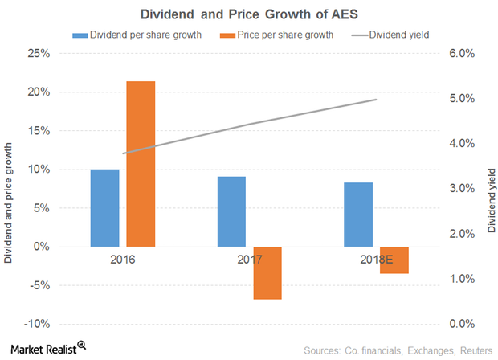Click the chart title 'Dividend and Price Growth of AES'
tap(249, 14)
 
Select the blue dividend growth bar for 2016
tap(104, 208)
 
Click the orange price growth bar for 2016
tap(141, 164)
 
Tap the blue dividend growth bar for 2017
tap(231, 211)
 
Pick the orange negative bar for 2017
tap(267, 273)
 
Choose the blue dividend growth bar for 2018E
tap(358, 215)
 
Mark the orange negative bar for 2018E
tap(394, 260)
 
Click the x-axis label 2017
tap(249, 261)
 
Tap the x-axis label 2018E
tap(376, 261)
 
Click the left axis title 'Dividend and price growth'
tap(9, 189)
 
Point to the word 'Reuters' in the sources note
tap(472, 350)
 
